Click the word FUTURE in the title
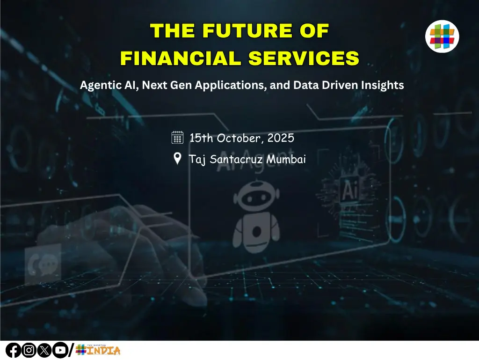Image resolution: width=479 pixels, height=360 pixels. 241,31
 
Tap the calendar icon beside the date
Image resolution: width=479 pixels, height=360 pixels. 178,137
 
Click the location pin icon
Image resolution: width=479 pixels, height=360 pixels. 178,159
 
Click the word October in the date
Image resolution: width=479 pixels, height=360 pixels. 242,138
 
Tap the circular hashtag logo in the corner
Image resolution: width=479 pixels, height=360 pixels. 442,36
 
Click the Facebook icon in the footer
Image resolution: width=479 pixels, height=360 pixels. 13,350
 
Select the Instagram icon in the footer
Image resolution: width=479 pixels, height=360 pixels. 29,350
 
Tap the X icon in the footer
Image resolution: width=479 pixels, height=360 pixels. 44,350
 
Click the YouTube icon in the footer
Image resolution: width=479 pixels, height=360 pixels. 59,350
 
